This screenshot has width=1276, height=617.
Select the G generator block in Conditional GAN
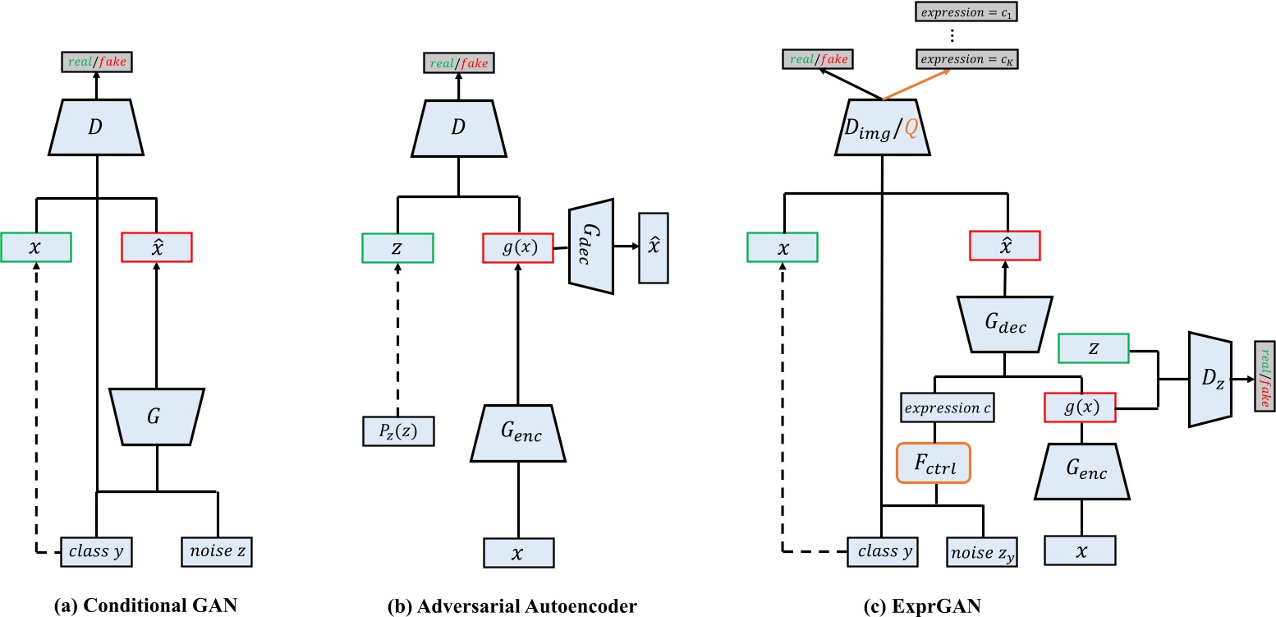coord(156,417)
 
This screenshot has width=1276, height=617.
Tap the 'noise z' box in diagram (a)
coord(217,552)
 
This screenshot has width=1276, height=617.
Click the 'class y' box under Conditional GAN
coord(97,552)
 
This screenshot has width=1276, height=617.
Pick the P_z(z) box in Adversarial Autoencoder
coord(397,431)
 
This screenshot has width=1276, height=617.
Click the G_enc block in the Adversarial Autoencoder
coord(517,435)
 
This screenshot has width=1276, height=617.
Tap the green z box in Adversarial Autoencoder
coord(397,246)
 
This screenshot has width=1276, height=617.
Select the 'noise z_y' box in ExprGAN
coord(982,552)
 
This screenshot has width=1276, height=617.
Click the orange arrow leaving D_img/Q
coord(917,84)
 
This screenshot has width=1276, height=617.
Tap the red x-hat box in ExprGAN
coord(1005,246)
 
